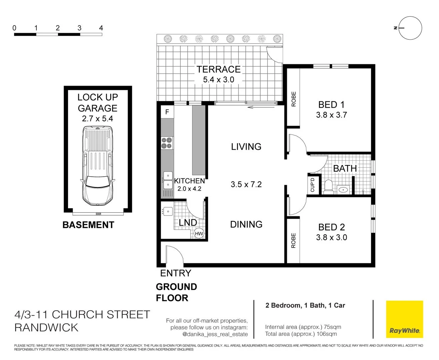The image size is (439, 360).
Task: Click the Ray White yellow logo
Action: point(404,319)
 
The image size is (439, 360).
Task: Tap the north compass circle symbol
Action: point(410,28)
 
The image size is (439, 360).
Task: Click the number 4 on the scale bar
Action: point(101,28)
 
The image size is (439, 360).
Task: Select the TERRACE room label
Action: point(218,69)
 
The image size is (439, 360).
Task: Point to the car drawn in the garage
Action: point(97,167)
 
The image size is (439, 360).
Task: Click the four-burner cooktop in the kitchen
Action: point(167,143)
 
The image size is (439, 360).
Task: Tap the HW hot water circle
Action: point(199,234)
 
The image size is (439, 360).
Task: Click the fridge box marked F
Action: point(167,112)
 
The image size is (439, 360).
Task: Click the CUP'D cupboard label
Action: point(313,185)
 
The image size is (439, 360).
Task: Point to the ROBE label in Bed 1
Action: point(294,99)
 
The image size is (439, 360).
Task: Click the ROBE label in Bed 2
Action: point(294,240)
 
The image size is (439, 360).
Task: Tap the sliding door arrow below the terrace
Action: point(261,107)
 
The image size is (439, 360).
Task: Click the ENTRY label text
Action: point(176,273)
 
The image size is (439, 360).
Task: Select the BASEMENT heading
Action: point(88,225)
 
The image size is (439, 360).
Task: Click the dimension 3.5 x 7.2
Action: point(246,184)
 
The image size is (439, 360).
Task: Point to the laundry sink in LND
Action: point(167,211)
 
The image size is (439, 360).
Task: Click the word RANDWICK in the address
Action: point(46,328)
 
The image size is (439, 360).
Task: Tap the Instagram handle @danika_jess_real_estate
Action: point(215,334)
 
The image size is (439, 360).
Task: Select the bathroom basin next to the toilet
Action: point(343,190)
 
